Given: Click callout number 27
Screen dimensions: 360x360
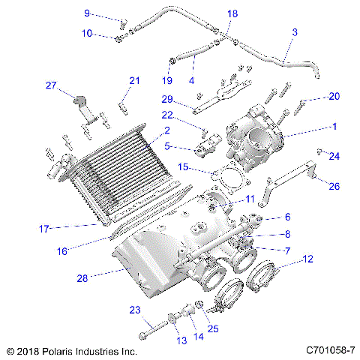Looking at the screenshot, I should tap(51, 85).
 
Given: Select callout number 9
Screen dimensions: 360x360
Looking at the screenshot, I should tap(87, 13).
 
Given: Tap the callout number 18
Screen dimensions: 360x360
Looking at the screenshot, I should tap(232, 14).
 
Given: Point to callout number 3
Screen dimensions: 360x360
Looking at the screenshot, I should tap(294, 32).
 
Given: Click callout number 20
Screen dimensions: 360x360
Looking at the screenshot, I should tap(334, 96).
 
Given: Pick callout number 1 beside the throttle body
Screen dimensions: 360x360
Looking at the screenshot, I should tap(334, 127).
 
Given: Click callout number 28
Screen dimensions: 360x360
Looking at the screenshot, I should tap(82, 277).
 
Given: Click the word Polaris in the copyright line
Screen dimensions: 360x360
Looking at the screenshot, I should tap(55, 350).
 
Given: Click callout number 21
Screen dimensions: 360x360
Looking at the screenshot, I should tap(134, 80).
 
